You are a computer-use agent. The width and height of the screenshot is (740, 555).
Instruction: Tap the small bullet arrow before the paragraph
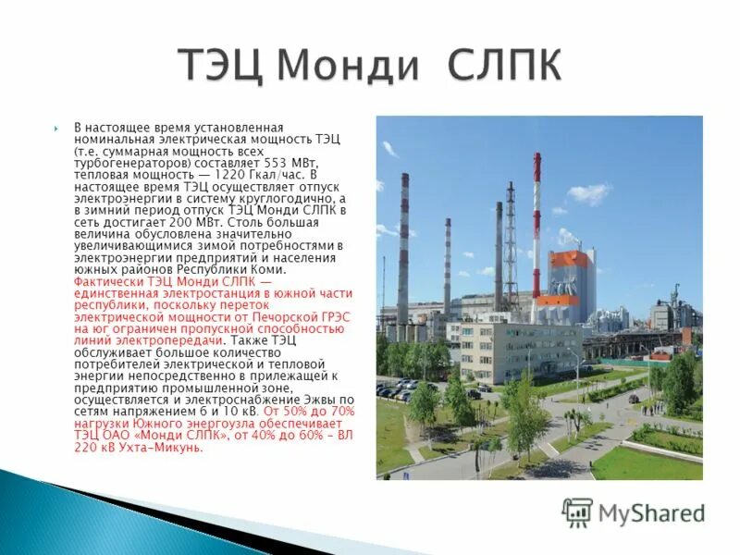(56, 127)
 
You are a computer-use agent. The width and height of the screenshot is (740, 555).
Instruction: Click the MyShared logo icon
(577, 512)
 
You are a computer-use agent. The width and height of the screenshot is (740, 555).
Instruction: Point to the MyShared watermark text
(651, 513)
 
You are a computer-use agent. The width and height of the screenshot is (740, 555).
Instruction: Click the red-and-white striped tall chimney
(536, 222)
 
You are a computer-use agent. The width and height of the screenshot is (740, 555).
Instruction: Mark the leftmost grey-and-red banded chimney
(403, 250)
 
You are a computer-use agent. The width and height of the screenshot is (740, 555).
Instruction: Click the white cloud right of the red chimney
(588, 193)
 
